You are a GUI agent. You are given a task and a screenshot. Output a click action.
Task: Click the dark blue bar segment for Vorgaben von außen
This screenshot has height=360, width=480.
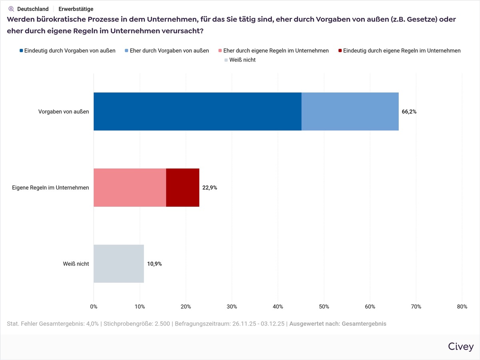click(197, 112)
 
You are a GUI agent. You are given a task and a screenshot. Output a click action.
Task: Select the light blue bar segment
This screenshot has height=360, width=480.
click(350, 112)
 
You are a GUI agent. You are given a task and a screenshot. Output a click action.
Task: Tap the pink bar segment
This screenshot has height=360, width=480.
click(130, 188)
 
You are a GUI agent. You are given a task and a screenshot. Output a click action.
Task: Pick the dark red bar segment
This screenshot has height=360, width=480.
click(182, 188)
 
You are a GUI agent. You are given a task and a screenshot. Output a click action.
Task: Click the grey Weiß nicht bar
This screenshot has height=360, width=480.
click(118, 264)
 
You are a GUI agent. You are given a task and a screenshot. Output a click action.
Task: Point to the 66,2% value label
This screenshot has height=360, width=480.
click(409, 112)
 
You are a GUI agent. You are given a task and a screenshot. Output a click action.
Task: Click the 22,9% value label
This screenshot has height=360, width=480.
click(210, 188)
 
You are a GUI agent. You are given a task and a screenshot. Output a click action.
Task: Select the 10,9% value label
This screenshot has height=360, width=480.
click(154, 264)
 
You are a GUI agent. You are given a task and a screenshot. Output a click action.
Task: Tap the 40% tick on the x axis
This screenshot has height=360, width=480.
click(278, 307)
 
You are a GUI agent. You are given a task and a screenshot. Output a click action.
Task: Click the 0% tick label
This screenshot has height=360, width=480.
click(94, 307)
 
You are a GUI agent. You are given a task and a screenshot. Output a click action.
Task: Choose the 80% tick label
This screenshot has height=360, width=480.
click(462, 307)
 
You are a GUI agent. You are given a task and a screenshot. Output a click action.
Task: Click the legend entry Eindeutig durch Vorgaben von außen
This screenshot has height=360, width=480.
click(67, 51)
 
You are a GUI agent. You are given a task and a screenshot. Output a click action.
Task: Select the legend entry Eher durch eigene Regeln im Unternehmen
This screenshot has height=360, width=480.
click(273, 51)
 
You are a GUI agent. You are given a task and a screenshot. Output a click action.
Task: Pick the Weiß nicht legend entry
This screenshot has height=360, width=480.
click(240, 60)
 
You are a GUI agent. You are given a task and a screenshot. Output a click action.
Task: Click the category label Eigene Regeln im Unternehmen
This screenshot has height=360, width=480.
click(50, 188)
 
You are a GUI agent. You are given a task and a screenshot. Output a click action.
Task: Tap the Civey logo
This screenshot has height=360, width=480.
click(461, 347)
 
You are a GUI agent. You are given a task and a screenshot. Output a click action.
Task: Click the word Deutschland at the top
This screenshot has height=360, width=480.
click(33, 9)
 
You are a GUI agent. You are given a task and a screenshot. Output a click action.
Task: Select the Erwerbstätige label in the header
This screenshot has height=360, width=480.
click(76, 9)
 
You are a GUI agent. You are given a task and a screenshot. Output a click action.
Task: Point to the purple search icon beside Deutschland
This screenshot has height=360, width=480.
click(11, 9)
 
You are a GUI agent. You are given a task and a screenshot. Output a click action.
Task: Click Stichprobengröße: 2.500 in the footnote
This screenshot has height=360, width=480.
click(137, 324)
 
